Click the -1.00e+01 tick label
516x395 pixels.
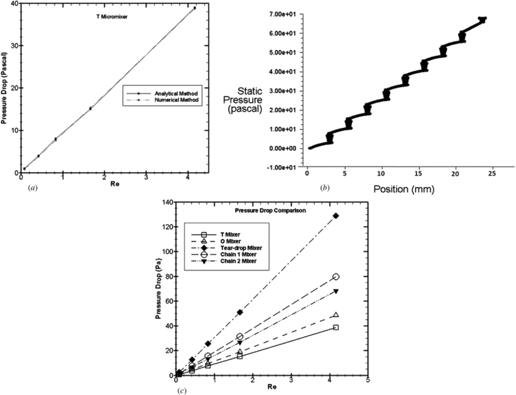[x=286, y=167]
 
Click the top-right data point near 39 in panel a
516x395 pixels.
[x=195, y=8]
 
